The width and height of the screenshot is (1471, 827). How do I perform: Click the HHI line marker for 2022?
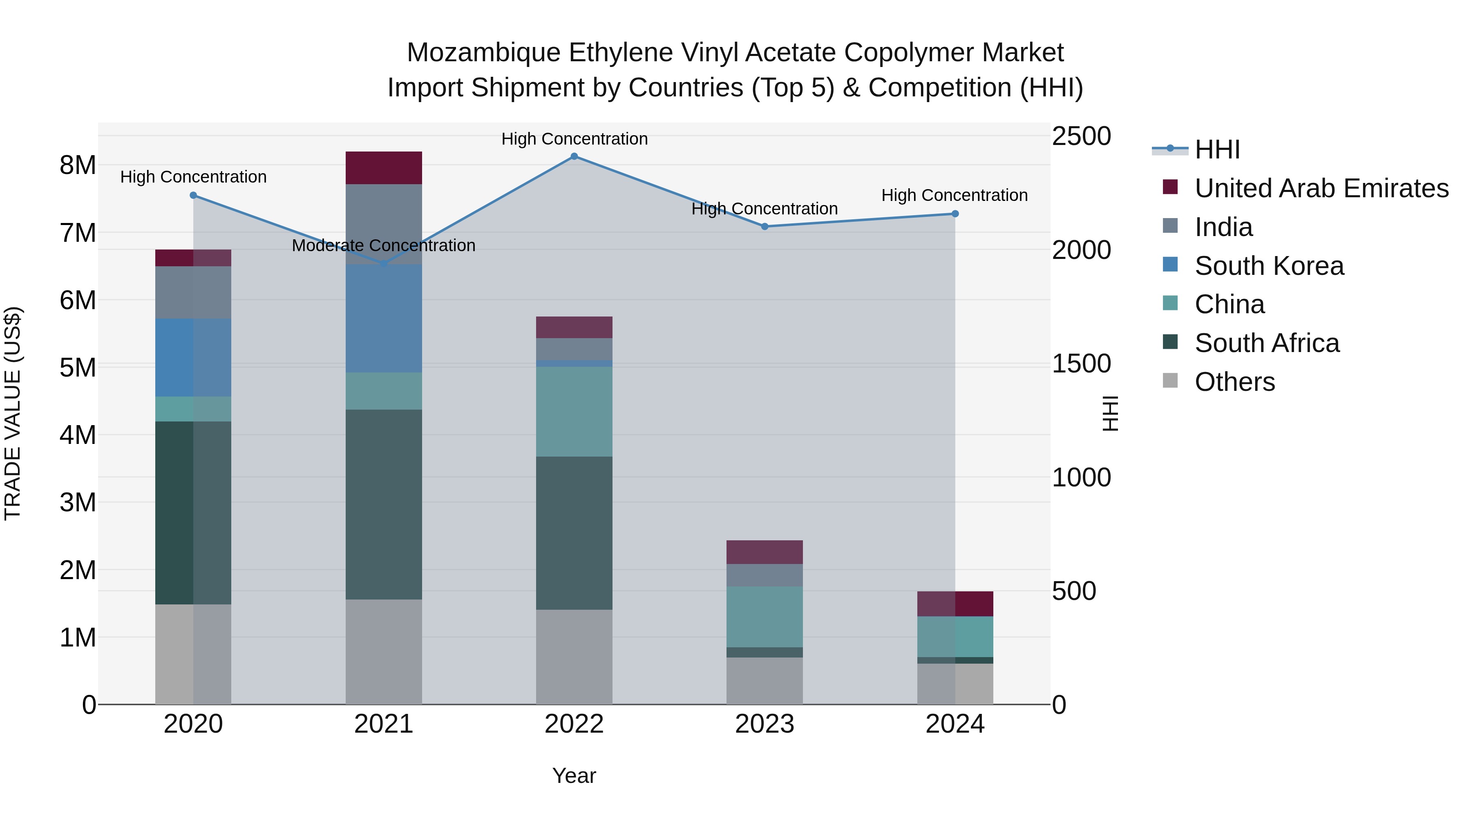click(x=574, y=156)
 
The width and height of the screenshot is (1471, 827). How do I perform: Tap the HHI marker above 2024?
click(x=955, y=214)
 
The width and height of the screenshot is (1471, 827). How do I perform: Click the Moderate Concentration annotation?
click(x=383, y=245)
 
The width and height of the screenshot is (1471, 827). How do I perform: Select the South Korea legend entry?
click(x=1269, y=266)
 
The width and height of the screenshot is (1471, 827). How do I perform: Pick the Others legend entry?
click(x=1234, y=382)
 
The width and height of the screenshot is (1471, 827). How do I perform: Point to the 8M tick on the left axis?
click(x=78, y=165)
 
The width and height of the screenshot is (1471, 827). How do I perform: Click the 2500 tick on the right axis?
click(x=1081, y=136)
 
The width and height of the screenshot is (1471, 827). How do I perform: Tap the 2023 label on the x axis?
click(x=764, y=724)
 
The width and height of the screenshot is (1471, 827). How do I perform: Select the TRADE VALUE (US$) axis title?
click(x=13, y=413)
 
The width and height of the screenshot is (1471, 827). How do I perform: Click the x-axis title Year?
click(x=574, y=776)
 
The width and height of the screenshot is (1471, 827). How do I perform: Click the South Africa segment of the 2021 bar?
click(x=383, y=504)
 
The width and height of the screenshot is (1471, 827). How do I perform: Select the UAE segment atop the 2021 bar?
click(x=383, y=168)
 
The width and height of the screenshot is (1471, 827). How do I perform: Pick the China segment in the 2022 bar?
click(x=574, y=412)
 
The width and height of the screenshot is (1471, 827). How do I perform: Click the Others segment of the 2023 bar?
click(x=764, y=680)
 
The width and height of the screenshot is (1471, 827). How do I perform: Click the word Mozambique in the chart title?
click(x=484, y=53)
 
